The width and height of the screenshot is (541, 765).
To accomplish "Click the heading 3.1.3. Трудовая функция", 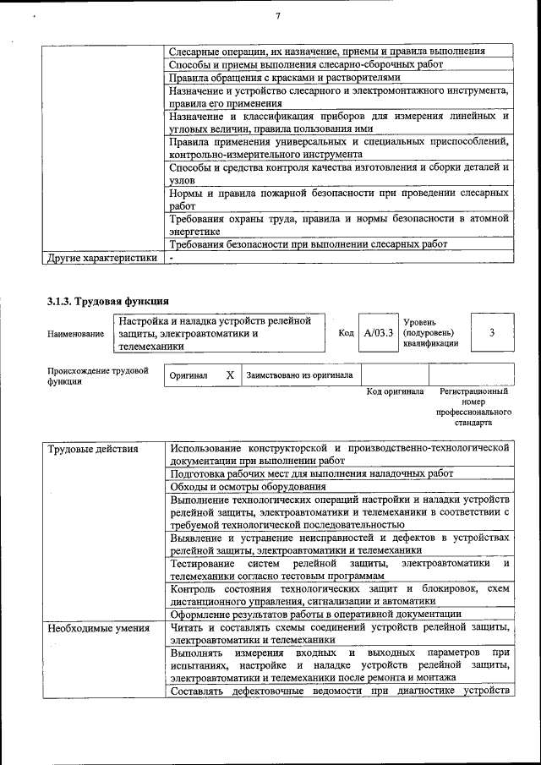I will pyautogui.click(x=107, y=301).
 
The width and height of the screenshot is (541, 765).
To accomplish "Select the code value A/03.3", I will pyautogui.click(x=379, y=333).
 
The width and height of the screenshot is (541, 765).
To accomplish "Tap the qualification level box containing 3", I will pyautogui.click(x=491, y=333).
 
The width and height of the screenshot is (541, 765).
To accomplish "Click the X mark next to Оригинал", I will pyautogui.click(x=230, y=374).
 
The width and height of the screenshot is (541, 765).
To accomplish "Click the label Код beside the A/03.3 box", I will pyautogui.click(x=346, y=333).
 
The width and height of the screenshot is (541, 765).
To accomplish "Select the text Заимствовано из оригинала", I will pyautogui.click(x=299, y=374).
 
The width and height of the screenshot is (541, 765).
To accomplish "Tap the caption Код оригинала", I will pyautogui.click(x=395, y=392).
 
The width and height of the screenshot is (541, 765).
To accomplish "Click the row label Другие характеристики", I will pyautogui.click(x=102, y=258).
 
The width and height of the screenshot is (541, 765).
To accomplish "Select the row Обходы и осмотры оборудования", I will pyautogui.click(x=248, y=487).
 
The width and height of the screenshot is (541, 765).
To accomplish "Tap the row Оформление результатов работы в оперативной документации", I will pyautogui.click(x=315, y=614).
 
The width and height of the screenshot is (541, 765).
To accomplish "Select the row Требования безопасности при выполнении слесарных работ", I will pyautogui.click(x=308, y=244).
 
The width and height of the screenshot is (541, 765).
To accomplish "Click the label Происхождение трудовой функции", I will pyautogui.click(x=98, y=375).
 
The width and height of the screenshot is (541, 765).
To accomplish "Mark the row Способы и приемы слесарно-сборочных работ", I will pyautogui.click(x=305, y=64).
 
